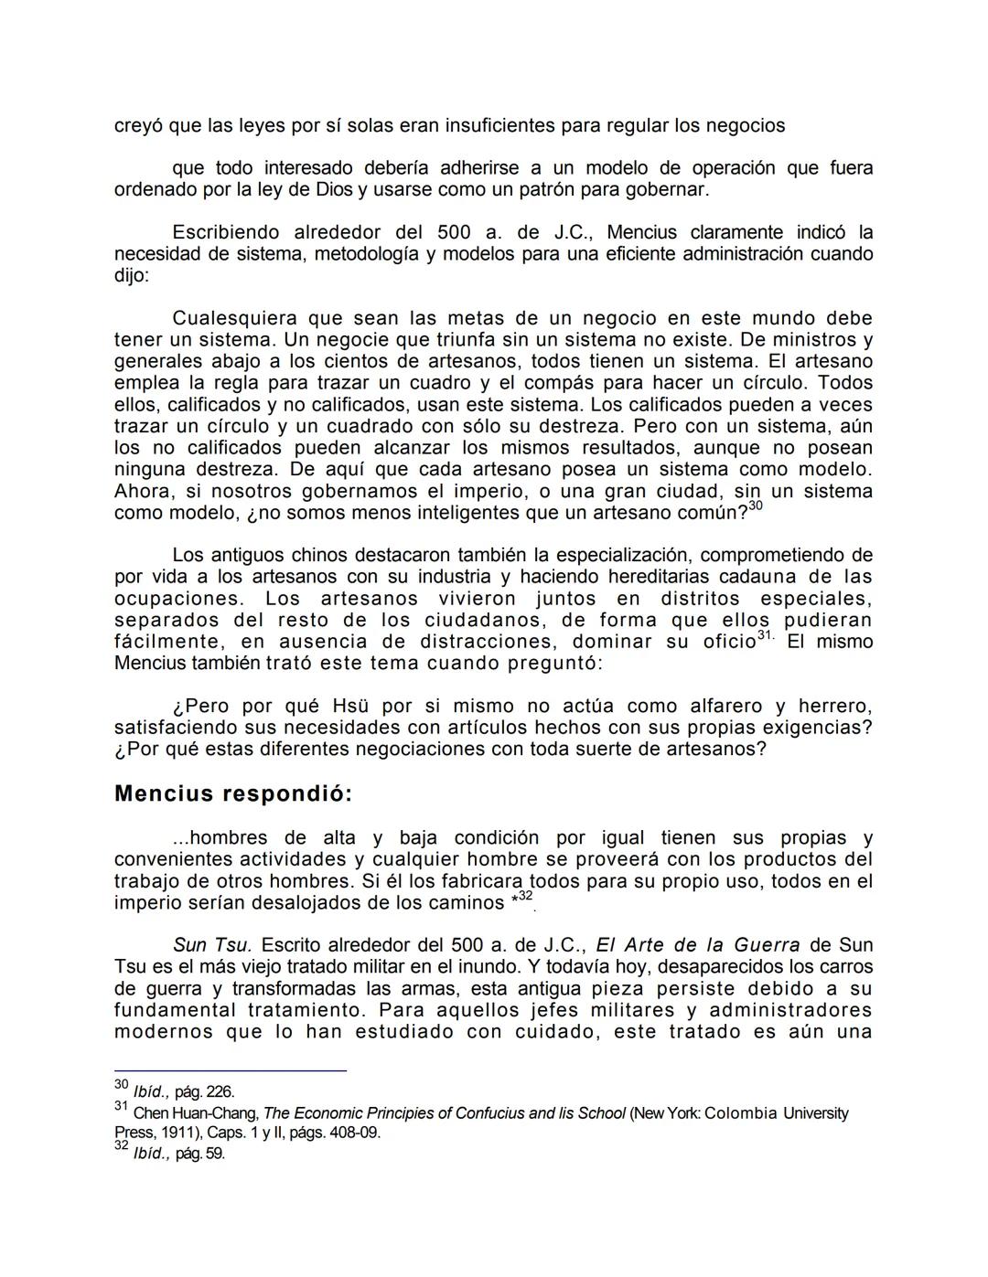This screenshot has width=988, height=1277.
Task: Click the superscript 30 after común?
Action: (x=755, y=506)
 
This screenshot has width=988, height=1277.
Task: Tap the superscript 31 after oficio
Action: (x=766, y=636)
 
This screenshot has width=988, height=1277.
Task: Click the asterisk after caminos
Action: (x=514, y=901)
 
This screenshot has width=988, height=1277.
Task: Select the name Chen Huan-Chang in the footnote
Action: (x=196, y=1113)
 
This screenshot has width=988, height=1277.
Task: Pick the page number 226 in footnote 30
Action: (x=220, y=1091)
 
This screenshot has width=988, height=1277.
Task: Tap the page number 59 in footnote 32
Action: (x=215, y=1154)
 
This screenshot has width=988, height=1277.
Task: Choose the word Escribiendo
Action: (x=228, y=232)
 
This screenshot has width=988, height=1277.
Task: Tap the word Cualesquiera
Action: (x=235, y=318)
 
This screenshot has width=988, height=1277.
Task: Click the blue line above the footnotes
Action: (x=231, y=1070)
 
